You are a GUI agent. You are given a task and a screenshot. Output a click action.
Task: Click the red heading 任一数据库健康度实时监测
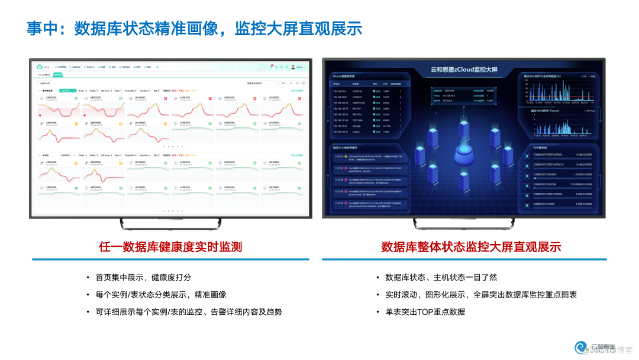(170, 247)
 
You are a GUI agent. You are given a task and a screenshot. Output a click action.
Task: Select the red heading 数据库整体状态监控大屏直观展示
(471, 247)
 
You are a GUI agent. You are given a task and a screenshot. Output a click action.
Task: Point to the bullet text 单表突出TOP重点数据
(425, 311)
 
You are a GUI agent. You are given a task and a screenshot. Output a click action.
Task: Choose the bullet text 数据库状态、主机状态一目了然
(441, 277)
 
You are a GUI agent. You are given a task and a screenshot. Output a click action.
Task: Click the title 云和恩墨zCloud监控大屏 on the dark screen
(464, 69)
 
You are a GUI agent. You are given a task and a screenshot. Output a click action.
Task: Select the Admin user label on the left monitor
(299, 67)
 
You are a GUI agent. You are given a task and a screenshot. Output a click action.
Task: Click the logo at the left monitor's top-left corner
(40, 67)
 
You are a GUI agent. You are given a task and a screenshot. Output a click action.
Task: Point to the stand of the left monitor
(171, 224)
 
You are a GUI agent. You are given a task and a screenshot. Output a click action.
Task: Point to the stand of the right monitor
(464, 224)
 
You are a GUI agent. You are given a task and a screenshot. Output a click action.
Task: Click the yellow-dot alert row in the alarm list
(367, 157)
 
